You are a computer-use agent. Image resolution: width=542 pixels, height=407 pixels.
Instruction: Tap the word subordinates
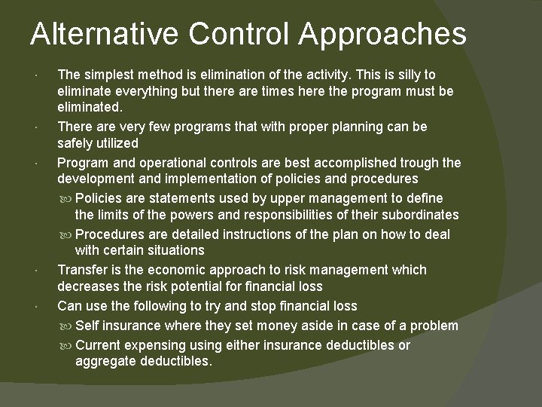click(x=419, y=215)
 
